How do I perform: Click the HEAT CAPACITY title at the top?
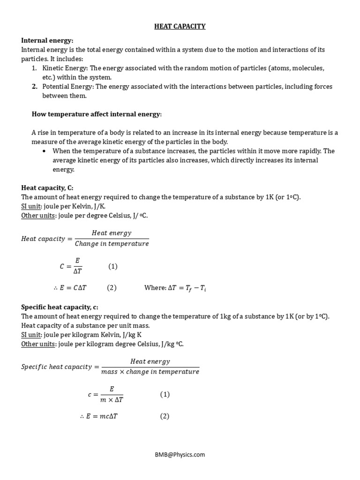tap(180, 26)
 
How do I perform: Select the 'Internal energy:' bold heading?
tap(47, 41)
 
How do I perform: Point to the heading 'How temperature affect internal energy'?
tap(96, 114)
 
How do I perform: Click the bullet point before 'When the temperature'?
tap(44, 151)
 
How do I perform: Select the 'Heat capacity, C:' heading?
tap(47, 187)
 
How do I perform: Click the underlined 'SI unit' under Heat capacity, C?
tap(31, 206)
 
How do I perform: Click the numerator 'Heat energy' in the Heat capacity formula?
tap(112, 233)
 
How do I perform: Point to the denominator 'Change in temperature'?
tap(112, 244)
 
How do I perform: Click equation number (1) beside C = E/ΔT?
tap(113, 266)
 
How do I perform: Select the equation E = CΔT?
tap(74, 288)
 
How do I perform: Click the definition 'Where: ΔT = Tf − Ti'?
tap(175, 288)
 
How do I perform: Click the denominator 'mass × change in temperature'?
tap(150, 372)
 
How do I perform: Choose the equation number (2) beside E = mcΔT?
tap(165, 416)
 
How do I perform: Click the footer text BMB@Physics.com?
tap(180, 454)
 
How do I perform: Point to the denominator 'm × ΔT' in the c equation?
tap(112, 399)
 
